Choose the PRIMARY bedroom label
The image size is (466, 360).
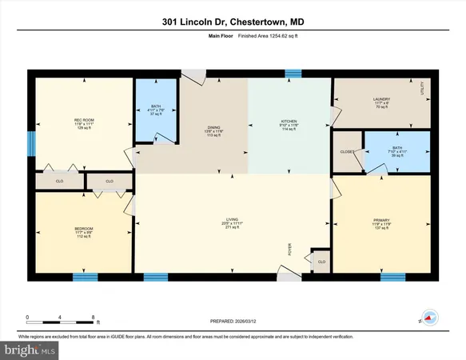point(381,219)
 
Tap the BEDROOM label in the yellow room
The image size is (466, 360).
point(73,229)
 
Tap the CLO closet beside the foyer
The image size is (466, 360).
point(321,262)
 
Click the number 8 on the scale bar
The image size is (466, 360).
point(94,317)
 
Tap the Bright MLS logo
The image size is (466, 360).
point(30,350)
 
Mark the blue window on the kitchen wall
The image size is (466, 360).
point(293,74)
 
